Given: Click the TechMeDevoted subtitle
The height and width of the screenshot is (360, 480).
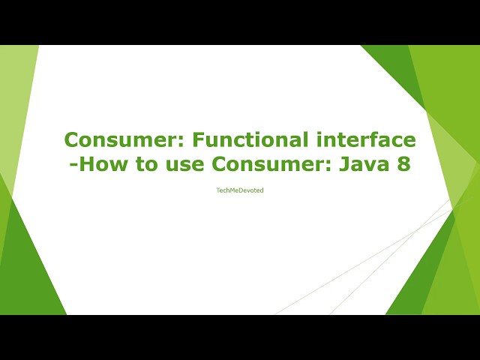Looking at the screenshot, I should (239, 190).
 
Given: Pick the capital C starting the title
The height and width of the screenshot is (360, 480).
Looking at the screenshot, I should (71, 139).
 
